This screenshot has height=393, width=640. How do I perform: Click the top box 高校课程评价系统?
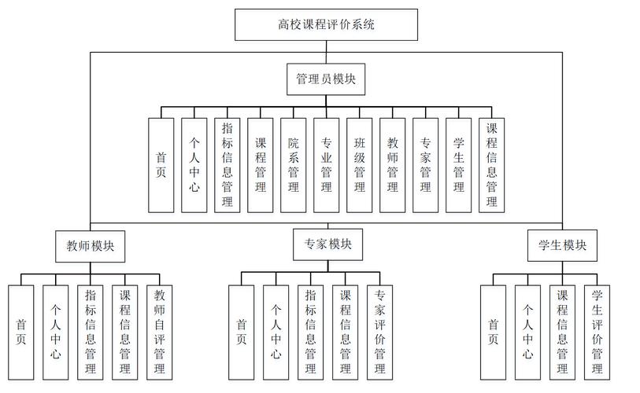[326, 24]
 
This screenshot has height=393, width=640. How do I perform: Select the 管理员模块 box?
[326, 79]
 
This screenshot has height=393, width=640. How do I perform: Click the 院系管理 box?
[293, 165]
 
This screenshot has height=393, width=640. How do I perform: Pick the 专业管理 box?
[326, 165]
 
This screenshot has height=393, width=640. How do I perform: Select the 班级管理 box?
[359, 165]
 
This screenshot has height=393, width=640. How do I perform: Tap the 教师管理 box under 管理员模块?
[392, 165]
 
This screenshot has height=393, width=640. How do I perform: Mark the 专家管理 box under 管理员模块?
[425, 165]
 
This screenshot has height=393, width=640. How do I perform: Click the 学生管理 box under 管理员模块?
[458, 165]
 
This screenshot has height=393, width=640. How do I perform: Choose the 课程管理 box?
[260, 165]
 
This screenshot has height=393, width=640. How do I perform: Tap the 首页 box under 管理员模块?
[161, 165]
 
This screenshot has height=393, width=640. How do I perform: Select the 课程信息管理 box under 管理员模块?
[491, 165]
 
